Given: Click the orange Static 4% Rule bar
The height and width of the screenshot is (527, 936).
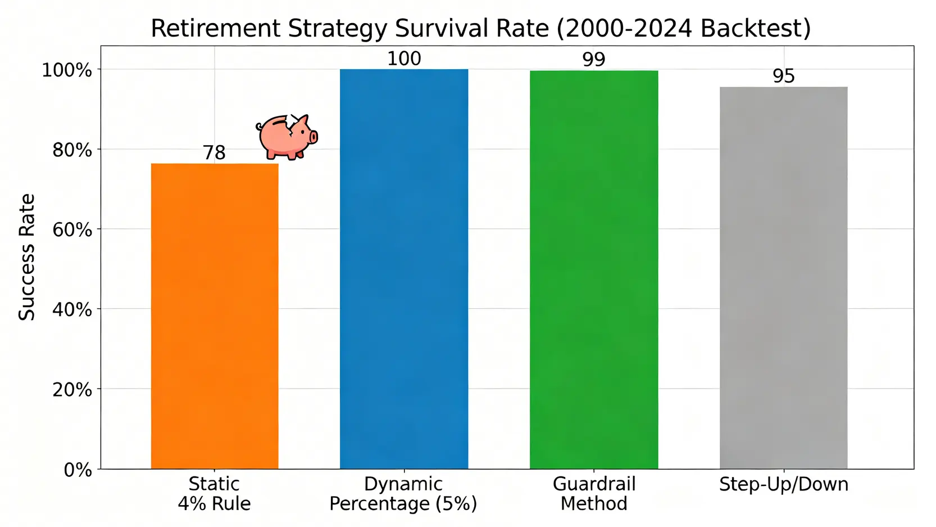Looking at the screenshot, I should (x=215, y=316).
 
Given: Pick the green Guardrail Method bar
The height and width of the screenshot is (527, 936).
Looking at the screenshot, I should (x=594, y=269).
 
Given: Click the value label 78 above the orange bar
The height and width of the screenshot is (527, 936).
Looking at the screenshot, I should (x=214, y=152).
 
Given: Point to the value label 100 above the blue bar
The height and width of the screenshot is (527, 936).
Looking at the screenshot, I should (x=404, y=58).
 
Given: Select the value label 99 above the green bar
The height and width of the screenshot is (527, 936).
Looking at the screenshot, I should (x=594, y=59).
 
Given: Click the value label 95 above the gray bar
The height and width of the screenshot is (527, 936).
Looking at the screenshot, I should (x=784, y=76).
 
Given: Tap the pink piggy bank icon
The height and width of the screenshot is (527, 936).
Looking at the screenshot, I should (x=287, y=137).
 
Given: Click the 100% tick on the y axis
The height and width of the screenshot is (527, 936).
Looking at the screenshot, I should (x=67, y=70).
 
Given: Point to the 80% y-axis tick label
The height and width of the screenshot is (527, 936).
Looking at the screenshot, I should (x=72, y=150).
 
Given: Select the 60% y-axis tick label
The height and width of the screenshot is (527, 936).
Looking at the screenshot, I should (x=72, y=230).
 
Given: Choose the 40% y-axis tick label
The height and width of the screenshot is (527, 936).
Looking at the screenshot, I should (x=72, y=310).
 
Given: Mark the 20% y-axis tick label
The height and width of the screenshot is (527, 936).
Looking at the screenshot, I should (x=72, y=390).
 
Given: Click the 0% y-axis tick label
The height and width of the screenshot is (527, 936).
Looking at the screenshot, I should (x=78, y=470).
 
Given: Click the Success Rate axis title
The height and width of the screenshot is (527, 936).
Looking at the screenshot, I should (x=27, y=257).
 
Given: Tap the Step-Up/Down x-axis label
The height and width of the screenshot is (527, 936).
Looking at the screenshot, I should (x=783, y=484).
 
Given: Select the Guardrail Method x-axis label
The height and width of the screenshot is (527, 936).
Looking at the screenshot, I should (x=594, y=493).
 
